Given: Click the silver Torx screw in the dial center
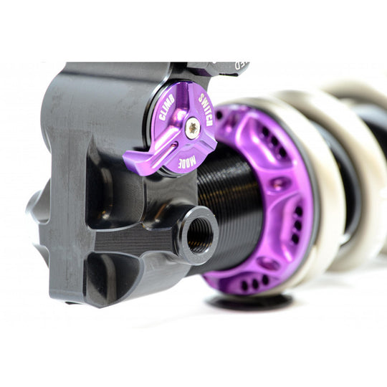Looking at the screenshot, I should (x=192, y=128).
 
